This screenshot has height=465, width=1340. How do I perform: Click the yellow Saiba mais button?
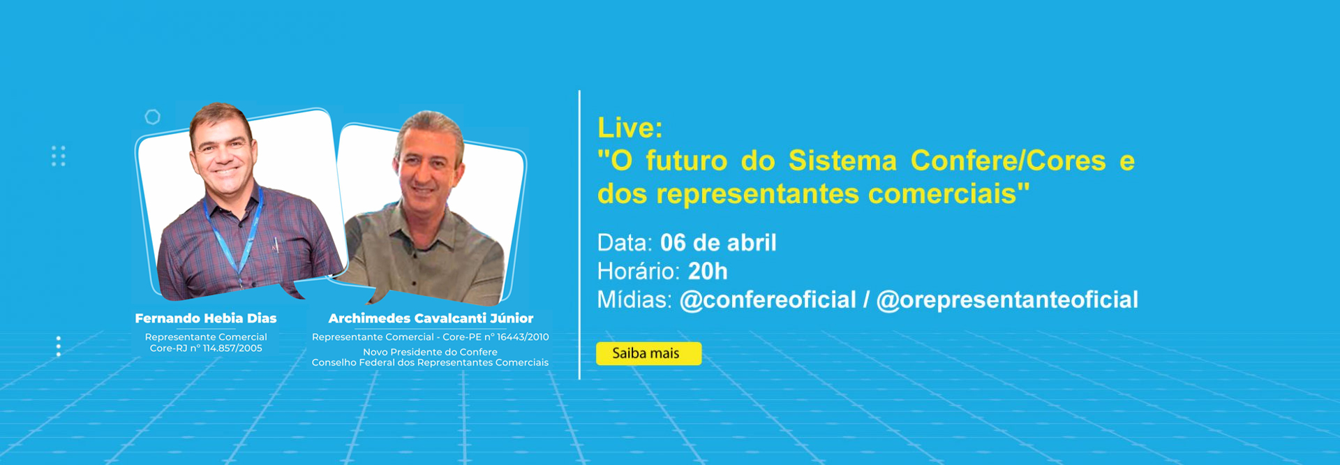[x=648, y=353]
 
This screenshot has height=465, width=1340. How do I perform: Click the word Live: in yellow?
[x=630, y=128]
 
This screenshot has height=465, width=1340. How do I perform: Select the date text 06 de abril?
[x=718, y=243]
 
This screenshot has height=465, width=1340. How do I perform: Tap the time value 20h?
[x=708, y=271]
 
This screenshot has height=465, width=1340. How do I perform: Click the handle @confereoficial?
[x=768, y=300]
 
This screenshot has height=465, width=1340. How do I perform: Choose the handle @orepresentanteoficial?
[x=1007, y=300]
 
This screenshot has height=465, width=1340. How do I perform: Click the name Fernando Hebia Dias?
[x=206, y=318]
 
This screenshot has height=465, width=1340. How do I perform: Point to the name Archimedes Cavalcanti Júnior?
[x=431, y=318]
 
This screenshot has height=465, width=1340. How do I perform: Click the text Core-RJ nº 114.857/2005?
[x=206, y=348]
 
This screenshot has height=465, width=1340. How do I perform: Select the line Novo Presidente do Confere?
[x=430, y=352]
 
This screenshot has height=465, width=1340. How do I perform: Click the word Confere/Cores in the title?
[x=1008, y=161]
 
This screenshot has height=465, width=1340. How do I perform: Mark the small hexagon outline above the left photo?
[x=152, y=117]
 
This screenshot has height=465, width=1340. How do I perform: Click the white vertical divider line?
[x=579, y=235]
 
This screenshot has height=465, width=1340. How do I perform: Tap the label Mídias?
[x=634, y=300]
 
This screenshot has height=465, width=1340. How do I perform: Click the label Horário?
[x=639, y=271]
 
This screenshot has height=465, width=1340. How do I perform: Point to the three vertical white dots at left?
[x=59, y=346]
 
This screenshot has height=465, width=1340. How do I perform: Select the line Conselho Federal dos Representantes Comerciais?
[x=430, y=362]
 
